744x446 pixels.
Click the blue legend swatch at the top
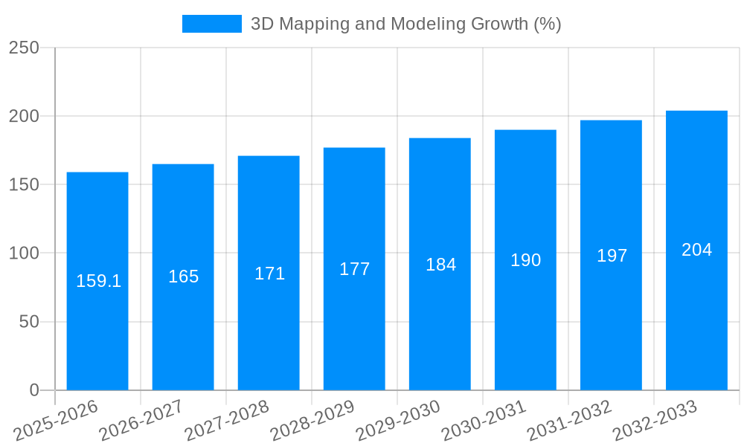point(212,24)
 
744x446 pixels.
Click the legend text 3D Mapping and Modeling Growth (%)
point(405,24)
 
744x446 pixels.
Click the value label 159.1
point(98,281)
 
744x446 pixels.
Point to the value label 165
point(183,277)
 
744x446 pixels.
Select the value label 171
point(269,274)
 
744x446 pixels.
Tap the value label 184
point(440,265)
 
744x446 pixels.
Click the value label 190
point(525,260)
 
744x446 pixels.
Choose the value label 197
point(612,256)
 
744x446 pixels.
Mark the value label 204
point(696,250)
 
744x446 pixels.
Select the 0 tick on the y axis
point(34,390)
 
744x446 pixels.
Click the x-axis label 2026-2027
point(141,421)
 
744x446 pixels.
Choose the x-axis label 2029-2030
point(398,421)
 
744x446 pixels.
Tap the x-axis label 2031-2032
point(569,421)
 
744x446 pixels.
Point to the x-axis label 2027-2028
point(227,421)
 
